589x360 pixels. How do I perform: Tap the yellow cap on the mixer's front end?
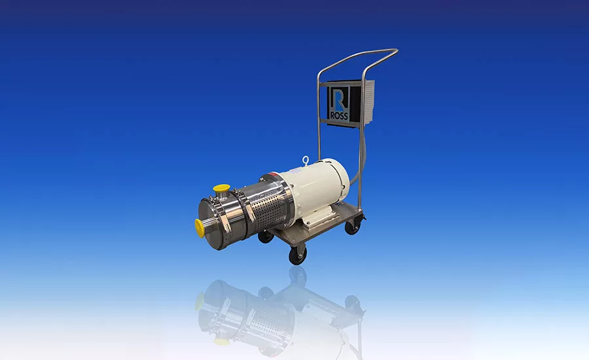pyautogui.click(x=200, y=228)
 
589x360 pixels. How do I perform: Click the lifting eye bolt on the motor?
pyautogui.click(x=305, y=160)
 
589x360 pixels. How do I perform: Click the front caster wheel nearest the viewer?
pyautogui.click(x=298, y=255)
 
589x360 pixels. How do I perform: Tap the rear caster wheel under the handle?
pyautogui.click(x=353, y=226)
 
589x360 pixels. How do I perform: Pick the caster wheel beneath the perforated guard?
pyautogui.click(x=265, y=236)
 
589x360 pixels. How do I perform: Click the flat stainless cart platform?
pyautogui.click(x=327, y=226)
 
